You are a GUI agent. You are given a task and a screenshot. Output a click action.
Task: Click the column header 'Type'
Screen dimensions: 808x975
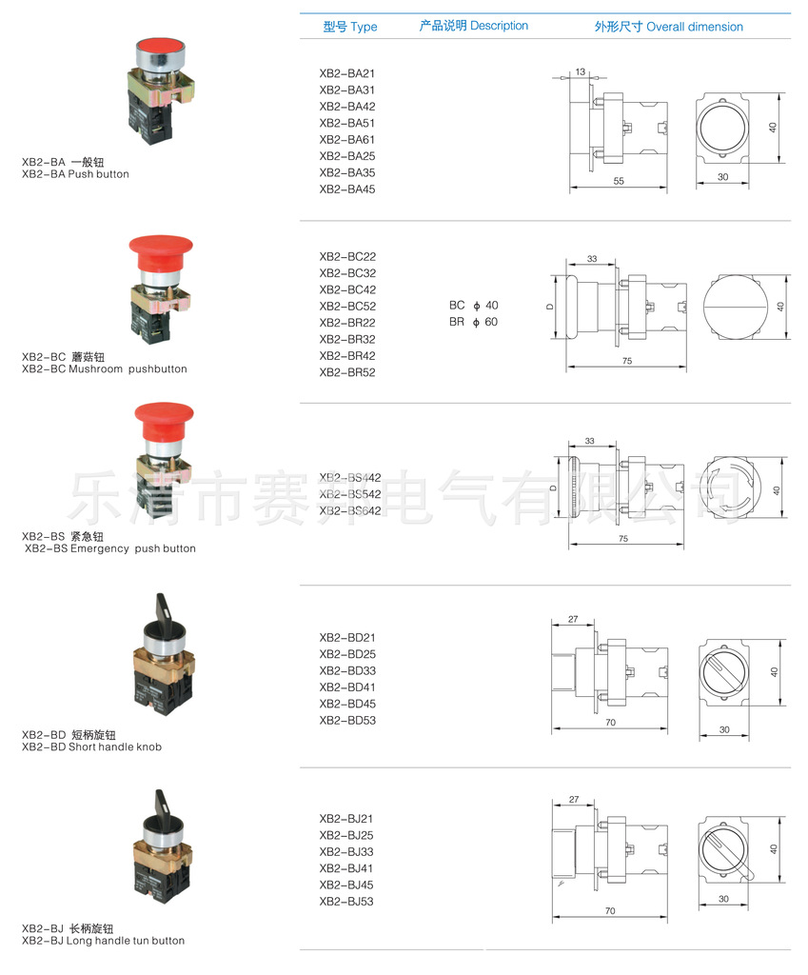364,27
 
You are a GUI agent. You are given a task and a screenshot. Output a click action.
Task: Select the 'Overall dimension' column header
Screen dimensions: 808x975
694,27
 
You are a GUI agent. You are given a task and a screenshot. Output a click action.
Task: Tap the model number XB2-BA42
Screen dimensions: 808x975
346,107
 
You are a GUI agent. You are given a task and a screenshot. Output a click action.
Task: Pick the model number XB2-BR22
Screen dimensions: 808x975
346,323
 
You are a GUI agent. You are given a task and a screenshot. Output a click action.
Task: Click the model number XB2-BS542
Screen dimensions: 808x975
350,494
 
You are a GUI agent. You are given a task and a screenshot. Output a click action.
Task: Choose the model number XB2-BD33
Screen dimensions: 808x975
347,671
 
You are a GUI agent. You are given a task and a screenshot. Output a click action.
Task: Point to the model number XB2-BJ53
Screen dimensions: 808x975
346,902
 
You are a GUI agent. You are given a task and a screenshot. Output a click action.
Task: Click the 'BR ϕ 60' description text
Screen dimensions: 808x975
474,322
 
